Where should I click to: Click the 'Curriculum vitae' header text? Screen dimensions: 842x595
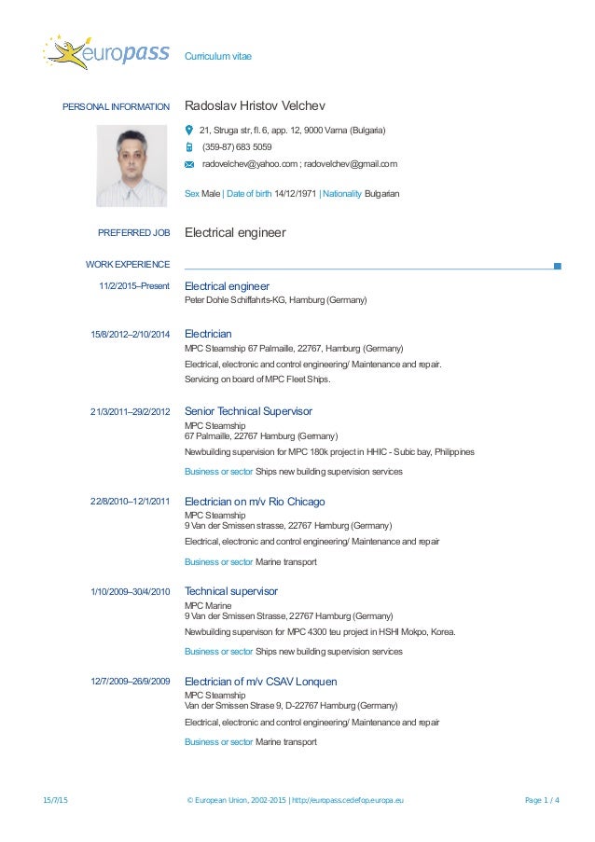217,57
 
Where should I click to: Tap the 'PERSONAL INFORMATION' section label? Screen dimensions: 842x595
116,107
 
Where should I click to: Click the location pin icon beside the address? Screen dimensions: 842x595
189,130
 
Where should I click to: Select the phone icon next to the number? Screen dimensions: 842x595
189,147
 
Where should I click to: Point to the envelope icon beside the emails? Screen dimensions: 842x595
189,165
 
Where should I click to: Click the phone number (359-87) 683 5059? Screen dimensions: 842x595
237,147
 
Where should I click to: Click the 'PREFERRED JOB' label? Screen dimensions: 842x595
133,233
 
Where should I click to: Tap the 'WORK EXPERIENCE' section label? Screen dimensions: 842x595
128,266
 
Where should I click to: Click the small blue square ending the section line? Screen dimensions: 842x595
557,266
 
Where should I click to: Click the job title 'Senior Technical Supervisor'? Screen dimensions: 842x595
248,411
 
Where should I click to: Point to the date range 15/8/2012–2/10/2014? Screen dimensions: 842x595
131,334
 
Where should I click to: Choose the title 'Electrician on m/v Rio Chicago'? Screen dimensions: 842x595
255,502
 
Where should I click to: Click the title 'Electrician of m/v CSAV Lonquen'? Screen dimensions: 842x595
261,682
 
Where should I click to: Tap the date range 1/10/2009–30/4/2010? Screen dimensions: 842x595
131,592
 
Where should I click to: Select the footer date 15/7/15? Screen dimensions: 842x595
56,800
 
